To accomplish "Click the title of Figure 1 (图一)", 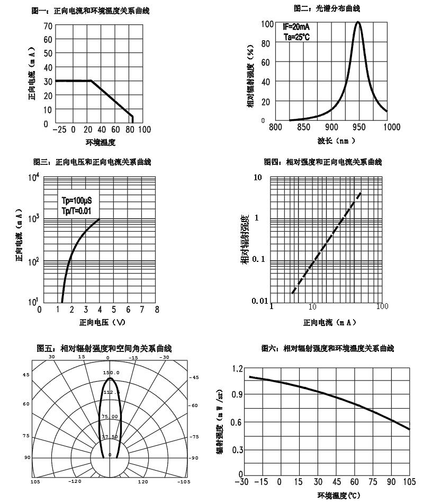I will pyautogui.click(x=91, y=11).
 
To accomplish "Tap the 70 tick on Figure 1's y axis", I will pyautogui.click(x=48, y=25).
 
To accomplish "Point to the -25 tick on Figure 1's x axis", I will pyautogui.click(x=59, y=129).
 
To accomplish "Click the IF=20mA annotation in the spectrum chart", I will pyautogui.click(x=296, y=27).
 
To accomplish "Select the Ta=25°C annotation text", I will pyautogui.click(x=296, y=38).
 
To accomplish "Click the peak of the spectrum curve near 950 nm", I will pyautogui.click(x=358, y=22).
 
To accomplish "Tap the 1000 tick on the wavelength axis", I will pyautogui.click(x=392, y=127).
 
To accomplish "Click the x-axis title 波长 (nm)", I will pyautogui.click(x=336, y=141).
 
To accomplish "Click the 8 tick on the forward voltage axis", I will pyautogui.click(x=157, y=310).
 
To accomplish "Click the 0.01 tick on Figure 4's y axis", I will pyautogui.click(x=261, y=301).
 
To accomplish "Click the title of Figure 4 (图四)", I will pyautogui.click(x=322, y=162).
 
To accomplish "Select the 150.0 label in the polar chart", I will pyautogui.click(x=112, y=373).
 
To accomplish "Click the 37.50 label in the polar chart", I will pyautogui.click(x=110, y=437).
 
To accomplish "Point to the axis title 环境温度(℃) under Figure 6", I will pyautogui.click(x=338, y=496).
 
